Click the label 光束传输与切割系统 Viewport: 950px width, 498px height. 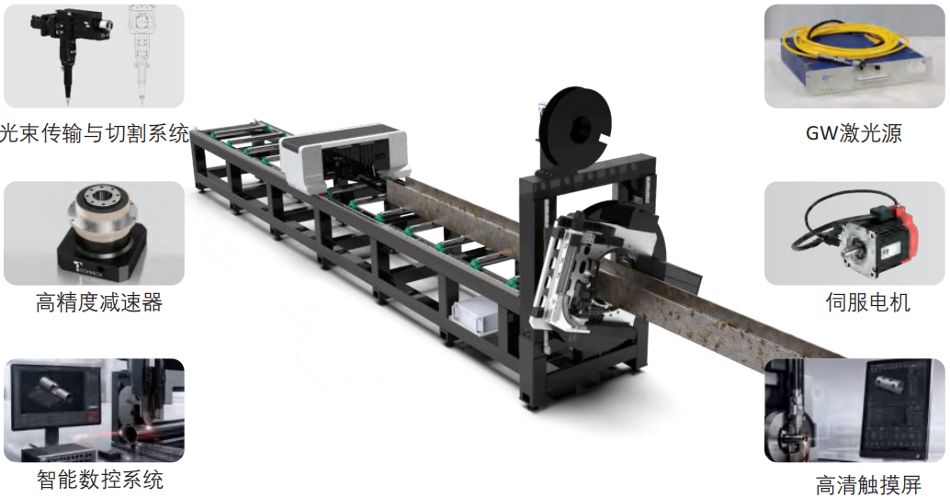tap(95, 133)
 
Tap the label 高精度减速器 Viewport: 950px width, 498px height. tap(99, 302)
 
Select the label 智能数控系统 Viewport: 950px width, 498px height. tap(100, 480)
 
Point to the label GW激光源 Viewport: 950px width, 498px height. tap(854, 133)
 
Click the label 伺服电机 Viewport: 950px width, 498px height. tap(867, 302)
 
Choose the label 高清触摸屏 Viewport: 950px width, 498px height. tap(868, 485)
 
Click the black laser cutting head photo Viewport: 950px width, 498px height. tap(69, 51)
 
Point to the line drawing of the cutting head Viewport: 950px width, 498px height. tap(143, 52)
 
